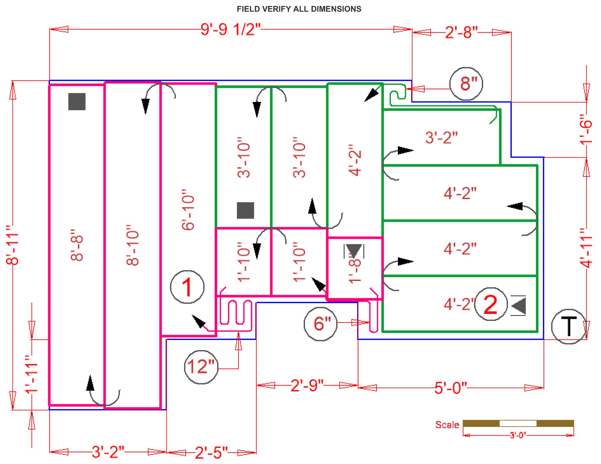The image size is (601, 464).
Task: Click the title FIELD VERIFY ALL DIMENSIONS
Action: tap(299, 9)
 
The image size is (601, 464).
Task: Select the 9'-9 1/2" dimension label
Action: tap(230, 29)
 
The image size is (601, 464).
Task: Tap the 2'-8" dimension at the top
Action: tap(461, 32)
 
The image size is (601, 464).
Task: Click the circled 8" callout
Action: tap(466, 84)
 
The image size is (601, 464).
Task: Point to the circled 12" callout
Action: tap(201, 367)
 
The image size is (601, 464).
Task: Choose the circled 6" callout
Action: tap(321, 324)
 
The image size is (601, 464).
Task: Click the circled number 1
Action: tap(187, 287)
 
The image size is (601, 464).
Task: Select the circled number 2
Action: tap(491, 304)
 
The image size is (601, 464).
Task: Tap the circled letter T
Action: tap(569, 327)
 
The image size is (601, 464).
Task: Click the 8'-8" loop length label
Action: tap(77, 245)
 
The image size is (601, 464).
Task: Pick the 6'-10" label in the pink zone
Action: tap(188, 210)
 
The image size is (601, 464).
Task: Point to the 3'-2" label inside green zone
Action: tap(441, 137)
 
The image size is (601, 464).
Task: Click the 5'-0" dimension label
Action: tap(450, 388)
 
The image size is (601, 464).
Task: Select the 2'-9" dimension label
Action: tap(307, 385)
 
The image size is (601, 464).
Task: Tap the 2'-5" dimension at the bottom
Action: tap(211, 453)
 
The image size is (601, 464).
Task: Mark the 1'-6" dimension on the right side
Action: tap(586, 129)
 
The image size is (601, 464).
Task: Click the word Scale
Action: tap(447, 425)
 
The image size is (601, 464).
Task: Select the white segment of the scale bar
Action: tap(518, 423)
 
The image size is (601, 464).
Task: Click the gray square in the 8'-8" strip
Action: tap(77, 102)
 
